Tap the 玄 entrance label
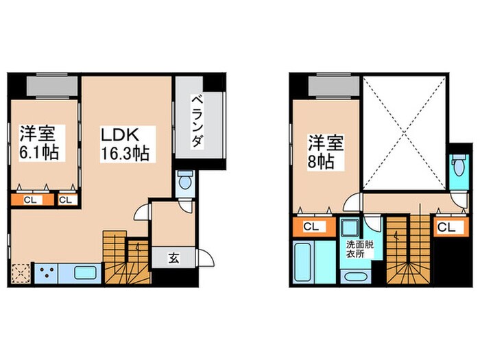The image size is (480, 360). pyautogui.click(x=174, y=259)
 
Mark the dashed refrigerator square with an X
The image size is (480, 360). pyautogui.click(x=21, y=274)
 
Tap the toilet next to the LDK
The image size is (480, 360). pyautogui.click(x=184, y=182)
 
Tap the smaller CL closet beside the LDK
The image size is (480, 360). pyautogui.click(x=67, y=200)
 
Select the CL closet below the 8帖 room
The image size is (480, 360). pyautogui.click(x=310, y=226)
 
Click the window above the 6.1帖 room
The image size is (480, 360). pyautogui.click(x=51, y=86)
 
